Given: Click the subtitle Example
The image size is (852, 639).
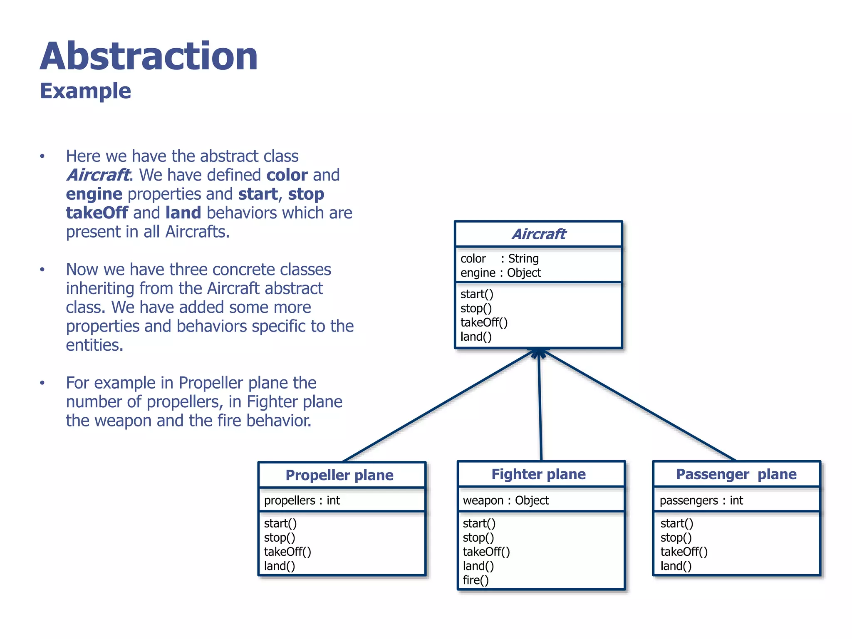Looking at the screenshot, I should [x=85, y=91].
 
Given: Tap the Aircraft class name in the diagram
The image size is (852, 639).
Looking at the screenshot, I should [x=538, y=234].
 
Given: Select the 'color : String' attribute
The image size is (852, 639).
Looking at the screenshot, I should [x=499, y=258].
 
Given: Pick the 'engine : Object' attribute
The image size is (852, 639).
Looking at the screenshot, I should [x=500, y=273].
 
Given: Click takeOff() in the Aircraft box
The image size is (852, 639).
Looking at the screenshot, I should [x=484, y=322].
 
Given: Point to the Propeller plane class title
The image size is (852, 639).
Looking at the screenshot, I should [x=339, y=475].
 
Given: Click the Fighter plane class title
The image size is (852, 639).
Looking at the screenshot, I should [x=538, y=474].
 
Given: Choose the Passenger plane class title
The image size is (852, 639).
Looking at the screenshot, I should [x=736, y=474].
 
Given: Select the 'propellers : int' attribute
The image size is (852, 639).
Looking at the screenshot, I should [x=302, y=500].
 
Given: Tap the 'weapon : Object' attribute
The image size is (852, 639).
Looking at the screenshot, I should [x=505, y=500].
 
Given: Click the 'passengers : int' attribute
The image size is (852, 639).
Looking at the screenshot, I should [x=701, y=500].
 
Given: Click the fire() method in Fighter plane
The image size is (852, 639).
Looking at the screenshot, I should [x=476, y=580].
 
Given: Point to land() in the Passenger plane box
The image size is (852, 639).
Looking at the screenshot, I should [x=676, y=566].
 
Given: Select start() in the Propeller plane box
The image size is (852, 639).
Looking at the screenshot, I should [x=280, y=523].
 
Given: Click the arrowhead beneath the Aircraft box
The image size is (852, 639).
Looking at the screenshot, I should [x=539, y=353].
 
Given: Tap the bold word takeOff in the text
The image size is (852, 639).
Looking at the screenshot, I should [x=97, y=213].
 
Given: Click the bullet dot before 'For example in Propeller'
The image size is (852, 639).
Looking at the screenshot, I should [x=42, y=383].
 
